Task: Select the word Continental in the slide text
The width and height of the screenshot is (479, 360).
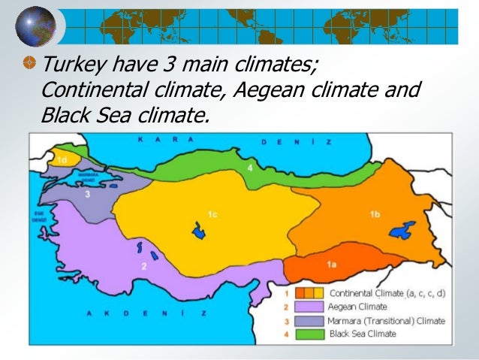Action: [89, 91]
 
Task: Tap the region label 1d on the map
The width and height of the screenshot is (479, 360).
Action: [64, 159]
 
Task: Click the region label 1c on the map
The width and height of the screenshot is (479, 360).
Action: [212, 215]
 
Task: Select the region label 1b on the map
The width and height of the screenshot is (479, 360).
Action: [375, 215]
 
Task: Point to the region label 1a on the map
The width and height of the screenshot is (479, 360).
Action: [332, 265]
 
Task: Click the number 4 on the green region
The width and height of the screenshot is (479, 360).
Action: [250, 167]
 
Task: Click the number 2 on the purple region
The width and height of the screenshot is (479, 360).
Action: [143, 266]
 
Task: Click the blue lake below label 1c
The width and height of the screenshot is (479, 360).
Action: [199, 231]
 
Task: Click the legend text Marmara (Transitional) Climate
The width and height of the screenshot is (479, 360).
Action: [386, 320]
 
